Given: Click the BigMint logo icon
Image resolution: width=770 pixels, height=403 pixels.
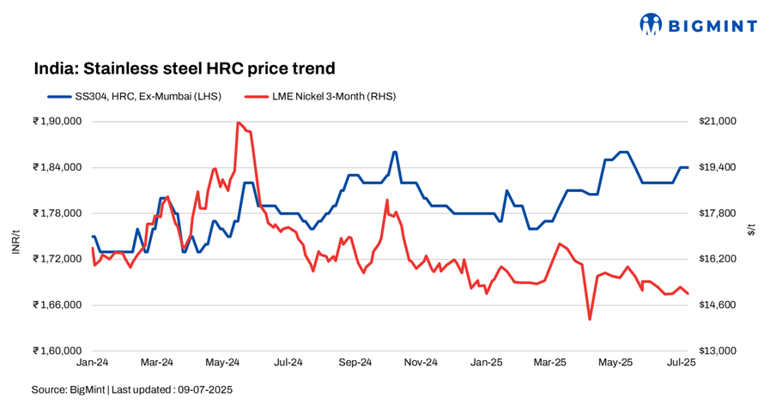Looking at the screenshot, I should [652, 25].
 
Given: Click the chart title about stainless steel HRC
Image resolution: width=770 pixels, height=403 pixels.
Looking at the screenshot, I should [184, 68].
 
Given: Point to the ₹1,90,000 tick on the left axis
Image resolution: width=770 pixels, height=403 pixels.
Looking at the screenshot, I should [57, 122].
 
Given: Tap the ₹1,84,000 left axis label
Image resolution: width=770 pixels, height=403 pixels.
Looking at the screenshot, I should [57, 167].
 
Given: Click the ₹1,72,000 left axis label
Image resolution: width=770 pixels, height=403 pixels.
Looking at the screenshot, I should [57, 259].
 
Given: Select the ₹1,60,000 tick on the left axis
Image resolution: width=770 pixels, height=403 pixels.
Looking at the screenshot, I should [57, 351].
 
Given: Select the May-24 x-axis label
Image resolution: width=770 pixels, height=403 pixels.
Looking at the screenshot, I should [222, 363].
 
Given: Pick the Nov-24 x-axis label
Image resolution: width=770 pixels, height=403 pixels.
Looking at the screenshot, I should [421, 363].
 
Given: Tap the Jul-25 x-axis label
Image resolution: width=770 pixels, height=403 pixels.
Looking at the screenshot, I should [682, 363].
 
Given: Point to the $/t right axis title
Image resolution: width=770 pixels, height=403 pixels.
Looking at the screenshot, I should [752, 228].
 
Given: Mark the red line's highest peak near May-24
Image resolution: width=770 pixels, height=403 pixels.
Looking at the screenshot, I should [237, 123].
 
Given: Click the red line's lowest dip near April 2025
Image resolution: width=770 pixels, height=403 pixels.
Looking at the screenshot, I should [590, 320].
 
